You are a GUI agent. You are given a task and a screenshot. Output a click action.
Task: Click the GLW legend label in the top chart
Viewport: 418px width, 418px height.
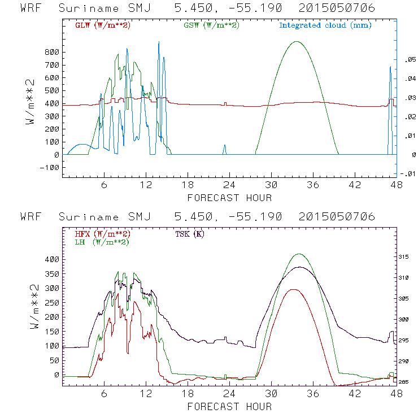tap(99, 25)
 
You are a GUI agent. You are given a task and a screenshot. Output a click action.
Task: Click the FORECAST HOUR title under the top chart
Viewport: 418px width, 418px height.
tap(229, 198)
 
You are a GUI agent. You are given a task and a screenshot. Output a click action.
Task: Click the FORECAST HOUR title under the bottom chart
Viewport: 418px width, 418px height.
tap(229, 407)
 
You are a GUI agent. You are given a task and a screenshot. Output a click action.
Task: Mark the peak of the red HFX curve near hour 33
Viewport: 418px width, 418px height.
tap(293, 289)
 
